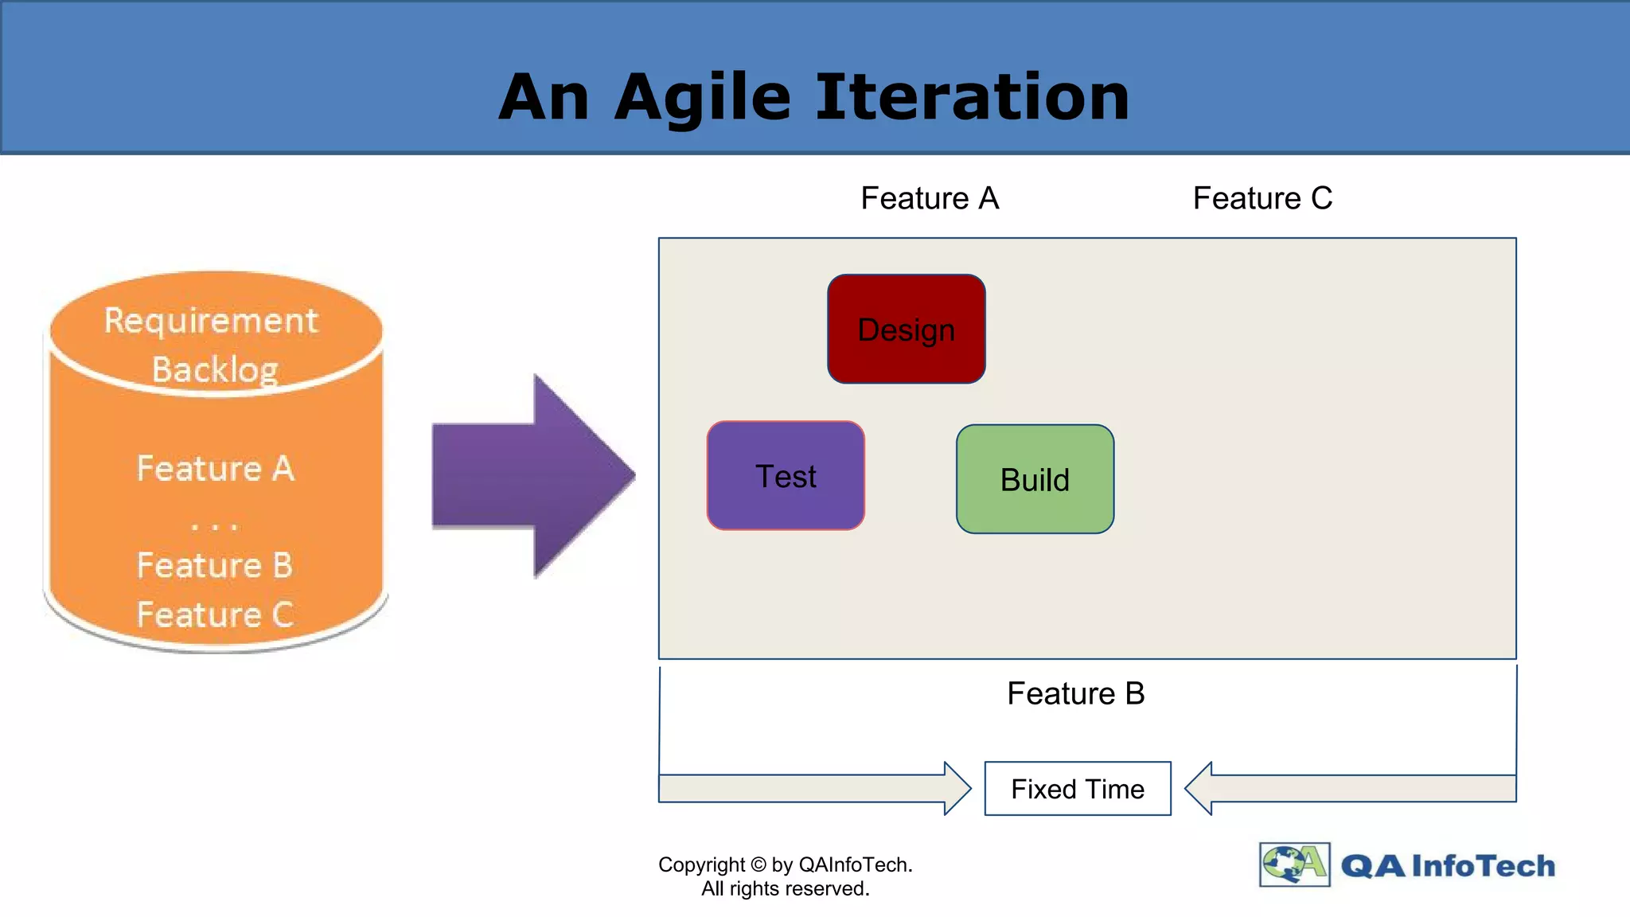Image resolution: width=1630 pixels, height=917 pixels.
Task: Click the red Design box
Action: pos(907,329)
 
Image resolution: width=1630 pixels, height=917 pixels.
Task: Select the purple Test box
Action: pos(786,476)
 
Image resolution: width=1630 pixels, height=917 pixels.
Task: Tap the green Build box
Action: pos(1035,479)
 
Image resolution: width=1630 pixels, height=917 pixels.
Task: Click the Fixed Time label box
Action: pos(1078,789)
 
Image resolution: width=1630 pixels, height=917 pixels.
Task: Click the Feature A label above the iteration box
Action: pos(930,198)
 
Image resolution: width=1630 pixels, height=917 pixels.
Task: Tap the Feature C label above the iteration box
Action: pos(1262,198)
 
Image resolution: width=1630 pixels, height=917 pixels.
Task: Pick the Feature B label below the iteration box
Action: pos(1075,693)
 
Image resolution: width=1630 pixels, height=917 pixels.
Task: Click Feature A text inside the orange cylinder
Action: pos(215,468)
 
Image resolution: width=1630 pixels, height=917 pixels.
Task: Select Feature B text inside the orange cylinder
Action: pos(215,565)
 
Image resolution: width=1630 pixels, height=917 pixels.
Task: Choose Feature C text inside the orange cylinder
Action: pos(215,615)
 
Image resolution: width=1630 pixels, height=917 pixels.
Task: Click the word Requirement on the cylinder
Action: pos(211,321)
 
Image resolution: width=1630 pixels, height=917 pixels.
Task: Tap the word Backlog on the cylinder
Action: pos(215,369)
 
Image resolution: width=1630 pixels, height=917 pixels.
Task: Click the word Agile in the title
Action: pos(703,98)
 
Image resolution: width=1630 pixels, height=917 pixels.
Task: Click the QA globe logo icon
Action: pos(1294,864)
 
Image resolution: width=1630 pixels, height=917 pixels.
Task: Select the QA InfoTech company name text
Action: pos(1448,865)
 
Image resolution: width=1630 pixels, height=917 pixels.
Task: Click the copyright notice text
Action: pos(786,876)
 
